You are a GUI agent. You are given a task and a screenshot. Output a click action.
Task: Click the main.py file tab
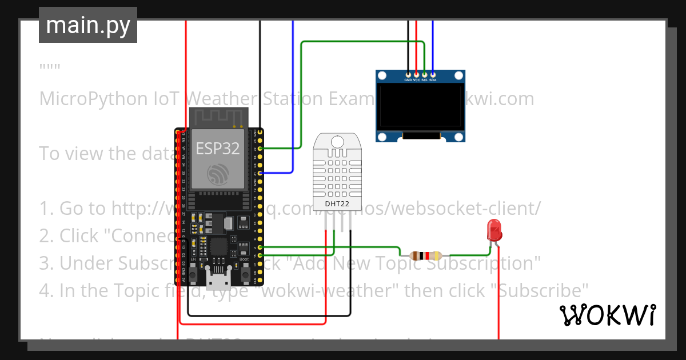(88, 25)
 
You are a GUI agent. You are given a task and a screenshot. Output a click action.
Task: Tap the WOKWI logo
(607, 315)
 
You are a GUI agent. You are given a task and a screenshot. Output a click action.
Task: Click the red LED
(494, 231)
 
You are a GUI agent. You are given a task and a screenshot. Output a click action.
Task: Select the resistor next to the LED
(421, 255)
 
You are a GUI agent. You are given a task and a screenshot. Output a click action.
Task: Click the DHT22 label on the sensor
(337, 204)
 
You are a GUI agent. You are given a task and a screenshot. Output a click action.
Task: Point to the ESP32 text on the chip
(218, 149)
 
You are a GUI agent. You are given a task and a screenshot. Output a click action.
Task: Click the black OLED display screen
(420, 106)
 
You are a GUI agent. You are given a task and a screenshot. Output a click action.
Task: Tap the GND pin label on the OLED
(408, 80)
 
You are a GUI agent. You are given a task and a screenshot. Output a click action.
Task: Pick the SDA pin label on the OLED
(433, 80)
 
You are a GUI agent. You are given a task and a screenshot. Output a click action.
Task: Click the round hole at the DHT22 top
(337, 141)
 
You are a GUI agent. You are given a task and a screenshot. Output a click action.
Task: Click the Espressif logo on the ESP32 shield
(218, 174)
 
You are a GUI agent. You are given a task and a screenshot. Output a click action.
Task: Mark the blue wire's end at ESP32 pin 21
(260, 173)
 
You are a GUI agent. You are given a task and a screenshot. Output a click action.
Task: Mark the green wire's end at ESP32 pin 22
(260, 149)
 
